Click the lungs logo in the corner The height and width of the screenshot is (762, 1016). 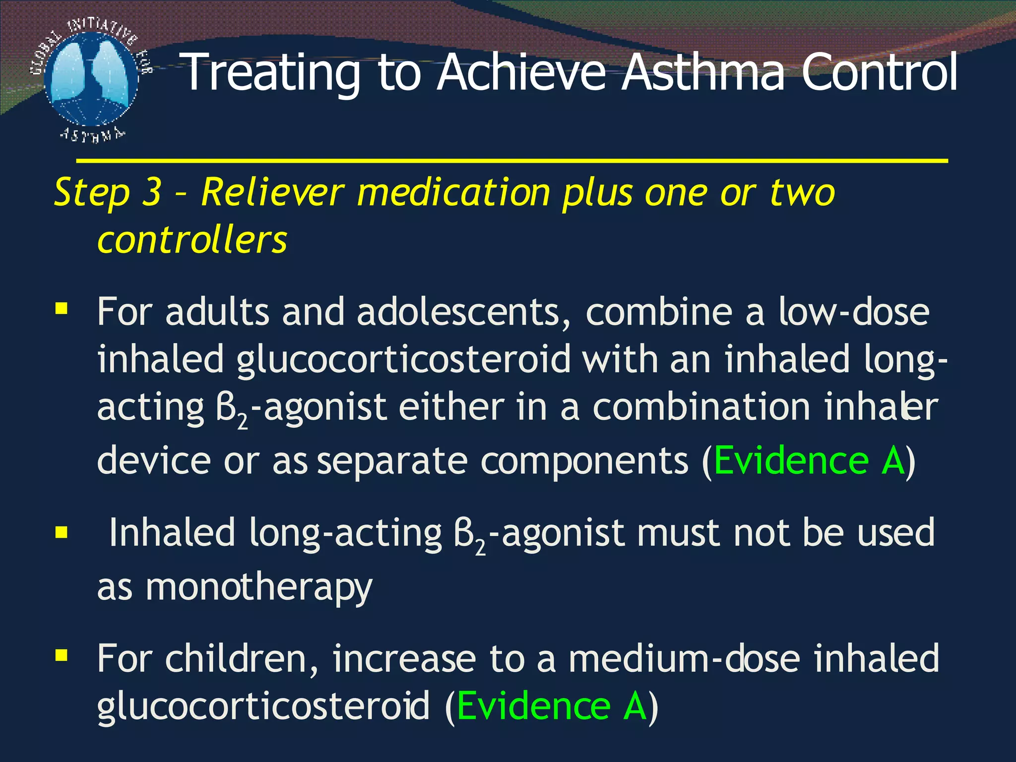click(91, 79)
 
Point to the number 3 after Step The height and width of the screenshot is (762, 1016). click(152, 192)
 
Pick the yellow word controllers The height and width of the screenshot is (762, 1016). click(192, 240)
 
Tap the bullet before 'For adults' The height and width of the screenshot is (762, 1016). click(62, 310)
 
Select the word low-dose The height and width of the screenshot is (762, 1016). click(853, 312)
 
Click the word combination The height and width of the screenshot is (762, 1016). click(701, 407)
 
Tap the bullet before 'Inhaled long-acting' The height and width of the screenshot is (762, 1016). click(62, 533)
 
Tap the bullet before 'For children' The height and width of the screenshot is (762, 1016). click(62, 656)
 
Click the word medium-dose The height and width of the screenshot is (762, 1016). click(684, 659)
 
